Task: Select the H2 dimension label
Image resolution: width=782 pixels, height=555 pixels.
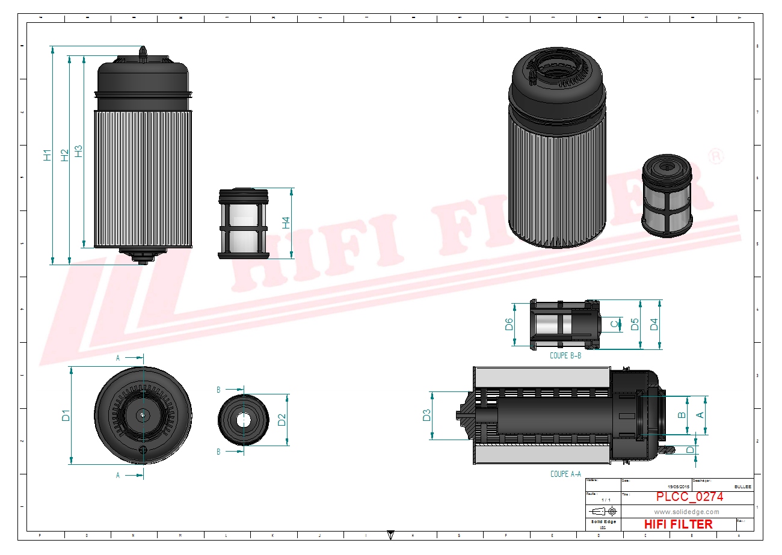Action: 64,155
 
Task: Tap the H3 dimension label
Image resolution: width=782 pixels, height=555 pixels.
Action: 78,151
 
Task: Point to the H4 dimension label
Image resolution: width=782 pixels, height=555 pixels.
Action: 286,222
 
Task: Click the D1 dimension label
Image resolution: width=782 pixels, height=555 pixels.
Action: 66,415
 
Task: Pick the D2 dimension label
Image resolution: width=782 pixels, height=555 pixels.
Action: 282,420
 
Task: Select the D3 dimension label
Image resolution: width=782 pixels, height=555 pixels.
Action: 426,415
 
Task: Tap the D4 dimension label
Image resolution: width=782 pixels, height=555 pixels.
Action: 654,324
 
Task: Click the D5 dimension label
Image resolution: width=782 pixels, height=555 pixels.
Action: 634,324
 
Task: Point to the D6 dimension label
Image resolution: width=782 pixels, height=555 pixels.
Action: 509,325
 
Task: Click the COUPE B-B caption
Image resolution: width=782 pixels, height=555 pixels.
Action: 565,355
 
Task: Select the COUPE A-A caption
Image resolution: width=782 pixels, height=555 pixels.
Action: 565,474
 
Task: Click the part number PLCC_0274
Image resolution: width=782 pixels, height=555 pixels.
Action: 689,497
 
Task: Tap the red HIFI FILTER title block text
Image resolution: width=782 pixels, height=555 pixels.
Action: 678,524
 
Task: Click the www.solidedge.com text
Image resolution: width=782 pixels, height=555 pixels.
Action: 686,512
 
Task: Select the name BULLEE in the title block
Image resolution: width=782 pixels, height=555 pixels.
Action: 743,486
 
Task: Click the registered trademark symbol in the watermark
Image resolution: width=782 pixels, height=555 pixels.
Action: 716,156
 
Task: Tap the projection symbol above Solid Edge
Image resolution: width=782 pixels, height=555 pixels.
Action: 603,511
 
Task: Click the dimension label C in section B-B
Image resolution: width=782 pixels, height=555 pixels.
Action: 614,325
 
